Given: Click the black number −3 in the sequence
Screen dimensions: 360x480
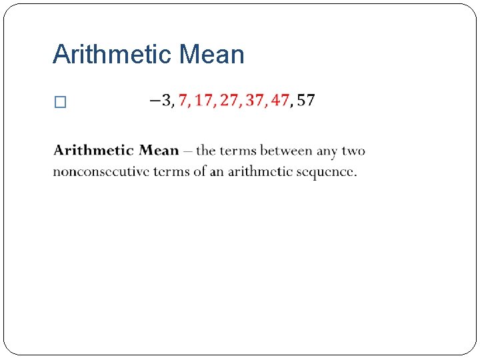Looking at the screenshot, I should pyautogui.click(x=161, y=101).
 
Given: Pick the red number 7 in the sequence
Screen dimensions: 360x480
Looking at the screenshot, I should pyautogui.click(x=183, y=101).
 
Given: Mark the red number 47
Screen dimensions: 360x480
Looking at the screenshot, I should pyautogui.click(x=279, y=101).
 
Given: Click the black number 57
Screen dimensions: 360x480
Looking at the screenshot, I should pyautogui.click(x=306, y=101).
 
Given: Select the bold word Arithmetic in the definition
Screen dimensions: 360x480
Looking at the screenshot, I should pyautogui.click(x=93, y=151).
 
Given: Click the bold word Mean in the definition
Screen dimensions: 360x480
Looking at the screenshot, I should pyautogui.click(x=159, y=151).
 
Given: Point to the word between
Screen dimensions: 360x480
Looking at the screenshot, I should pyautogui.click(x=286, y=151).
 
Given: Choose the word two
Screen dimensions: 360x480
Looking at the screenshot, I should pyautogui.click(x=354, y=151).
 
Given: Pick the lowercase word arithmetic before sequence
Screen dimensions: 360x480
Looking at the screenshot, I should pyautogui.click(x=260, y=171).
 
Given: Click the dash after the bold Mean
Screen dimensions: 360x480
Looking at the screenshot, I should pyautogui.click(x=188, y=151).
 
